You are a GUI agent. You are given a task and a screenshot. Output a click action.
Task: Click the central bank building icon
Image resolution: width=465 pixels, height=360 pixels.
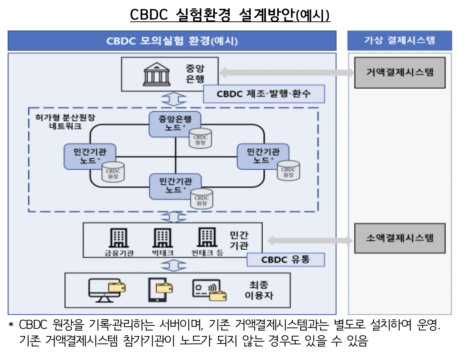(x=157, y=74)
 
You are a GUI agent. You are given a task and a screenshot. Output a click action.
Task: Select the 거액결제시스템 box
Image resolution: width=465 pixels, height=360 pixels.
(x=400, y=73)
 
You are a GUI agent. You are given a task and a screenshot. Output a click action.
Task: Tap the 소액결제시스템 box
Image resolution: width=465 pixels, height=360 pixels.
(x=400, y=238)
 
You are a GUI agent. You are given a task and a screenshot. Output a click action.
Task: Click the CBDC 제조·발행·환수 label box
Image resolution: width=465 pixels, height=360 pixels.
(x=263, y=94)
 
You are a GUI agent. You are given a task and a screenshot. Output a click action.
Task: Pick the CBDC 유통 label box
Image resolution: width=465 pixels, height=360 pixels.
(x=286, y=260)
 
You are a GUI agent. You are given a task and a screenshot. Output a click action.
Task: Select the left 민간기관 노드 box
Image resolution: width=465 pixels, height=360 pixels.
(x=90, y=156)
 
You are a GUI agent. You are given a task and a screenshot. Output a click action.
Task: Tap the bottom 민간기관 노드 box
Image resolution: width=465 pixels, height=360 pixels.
(x=175, y=186)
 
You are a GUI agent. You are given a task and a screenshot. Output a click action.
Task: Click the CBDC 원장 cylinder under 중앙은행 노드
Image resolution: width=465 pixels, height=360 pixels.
(x=200, y=139)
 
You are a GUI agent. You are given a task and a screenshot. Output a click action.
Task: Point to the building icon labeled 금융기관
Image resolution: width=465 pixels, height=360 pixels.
(x=119, y=238)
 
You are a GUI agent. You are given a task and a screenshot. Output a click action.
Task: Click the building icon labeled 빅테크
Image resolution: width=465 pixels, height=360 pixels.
(x=162, y=238)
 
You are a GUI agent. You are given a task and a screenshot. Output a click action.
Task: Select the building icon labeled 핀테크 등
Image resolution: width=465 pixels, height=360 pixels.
(x=207, y=237)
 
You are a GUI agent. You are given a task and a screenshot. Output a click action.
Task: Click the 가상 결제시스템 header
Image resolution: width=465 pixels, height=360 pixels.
(x=400, y=40)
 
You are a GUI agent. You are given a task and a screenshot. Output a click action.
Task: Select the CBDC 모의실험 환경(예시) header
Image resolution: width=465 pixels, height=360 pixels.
(x=172, y=41)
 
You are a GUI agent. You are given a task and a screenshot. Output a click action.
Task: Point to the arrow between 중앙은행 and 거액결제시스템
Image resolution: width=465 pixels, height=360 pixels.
(x=286, y=72)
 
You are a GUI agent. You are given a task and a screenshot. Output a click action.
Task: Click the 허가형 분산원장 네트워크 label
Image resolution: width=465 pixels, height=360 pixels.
(x=65, y=122)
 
